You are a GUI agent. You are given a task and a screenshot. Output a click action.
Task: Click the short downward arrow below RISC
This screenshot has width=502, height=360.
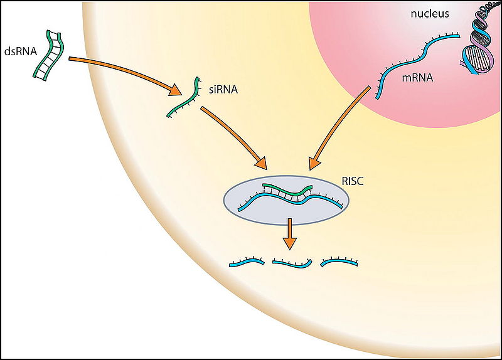[289, 234]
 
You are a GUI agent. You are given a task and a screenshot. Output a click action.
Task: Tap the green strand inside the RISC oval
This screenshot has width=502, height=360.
[286, 188]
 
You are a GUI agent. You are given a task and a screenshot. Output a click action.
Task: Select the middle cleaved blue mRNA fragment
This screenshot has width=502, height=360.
[292, 264]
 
